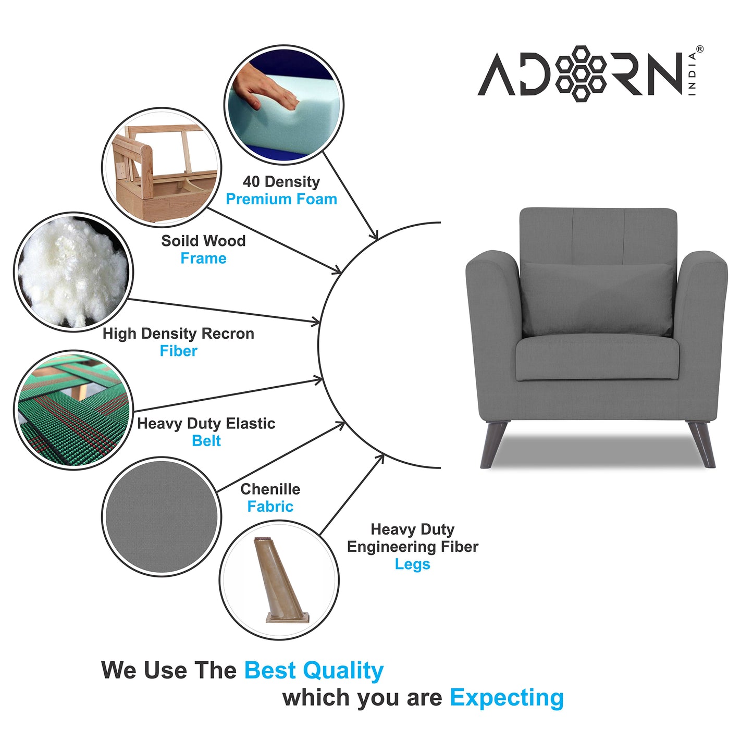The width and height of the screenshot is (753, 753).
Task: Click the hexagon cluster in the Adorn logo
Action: pyautogui.click(x=581, y=73)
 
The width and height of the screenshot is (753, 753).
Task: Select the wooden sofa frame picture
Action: pyautogui.click(x=162, y=167)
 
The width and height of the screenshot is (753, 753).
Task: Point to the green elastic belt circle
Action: pyautogui.click(x=73, y=410)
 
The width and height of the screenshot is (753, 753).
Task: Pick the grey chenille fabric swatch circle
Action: pyautogui.click(x=162, y=516)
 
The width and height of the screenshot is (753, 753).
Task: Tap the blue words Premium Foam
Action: pyautogui.click(x=281, y=199)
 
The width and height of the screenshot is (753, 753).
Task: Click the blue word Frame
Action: pyautogui.click(x=203, y=258)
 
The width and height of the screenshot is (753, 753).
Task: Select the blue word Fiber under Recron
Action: pyautogui.click(x=178, y=351)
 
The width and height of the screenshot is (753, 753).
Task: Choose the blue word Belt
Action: pyautogui.click(x=206, y=441)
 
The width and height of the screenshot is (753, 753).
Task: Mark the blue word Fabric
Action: pyautogui.click(x=270, y=507)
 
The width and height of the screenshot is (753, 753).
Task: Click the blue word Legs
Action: pyautogui.click(x=412, y=564)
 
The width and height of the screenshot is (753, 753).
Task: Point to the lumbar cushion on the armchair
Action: pyautogui.click(x=598, y=299)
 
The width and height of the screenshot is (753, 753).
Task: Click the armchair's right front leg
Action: pyautogui.click(x=702, y=445)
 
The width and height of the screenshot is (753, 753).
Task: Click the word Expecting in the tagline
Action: pyautogui.click(x=507, y=698)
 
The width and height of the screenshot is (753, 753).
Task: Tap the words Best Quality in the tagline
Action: pyautogui.click(x=314, y=671)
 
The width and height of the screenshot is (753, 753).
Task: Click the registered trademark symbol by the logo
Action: pyautogui.click(x=699, y=49)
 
